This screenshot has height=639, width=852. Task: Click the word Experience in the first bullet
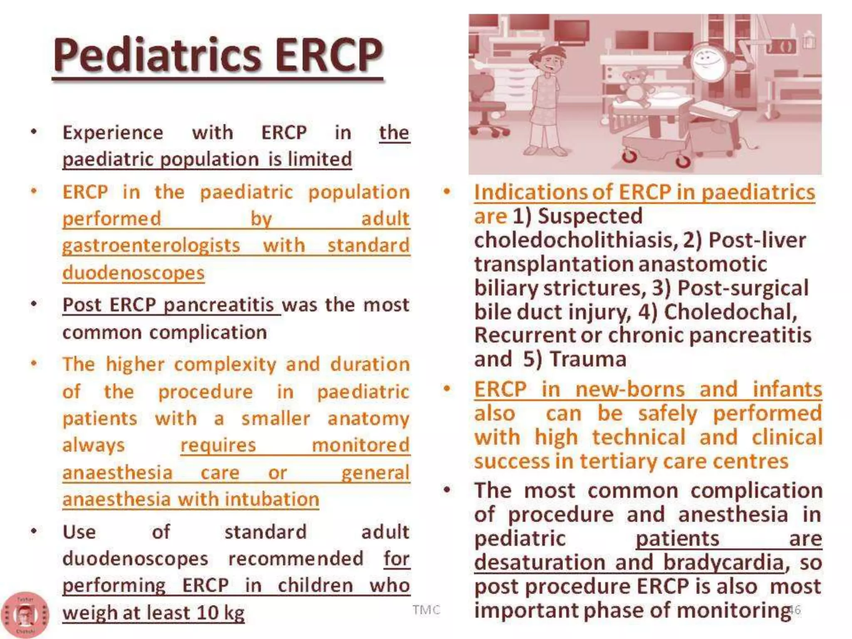click(113, 133)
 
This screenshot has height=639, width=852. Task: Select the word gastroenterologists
click(151, 245)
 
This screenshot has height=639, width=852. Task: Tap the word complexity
click(225, 365)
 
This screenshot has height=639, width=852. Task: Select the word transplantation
click(553, 265)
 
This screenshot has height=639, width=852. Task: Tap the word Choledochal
click(730, 312)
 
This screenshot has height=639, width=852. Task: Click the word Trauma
click(588, 359)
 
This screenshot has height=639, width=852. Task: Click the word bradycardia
click(723, 563)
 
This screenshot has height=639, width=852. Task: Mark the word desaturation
click(540, 563)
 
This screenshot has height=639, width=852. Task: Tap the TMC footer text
click(426, 610)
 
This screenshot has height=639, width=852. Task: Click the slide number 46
click(794, 610)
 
